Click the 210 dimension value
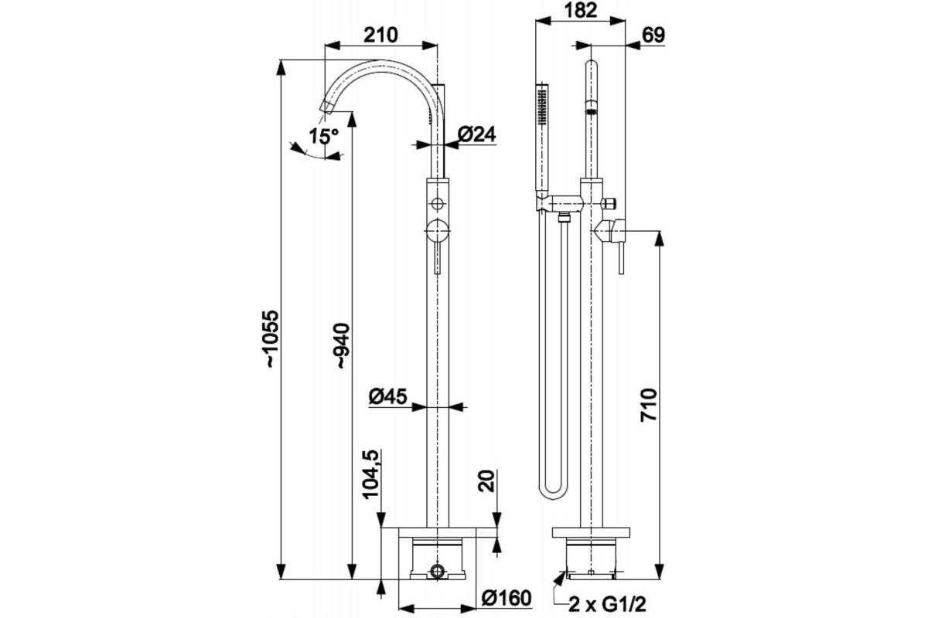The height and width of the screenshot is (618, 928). [380, 36]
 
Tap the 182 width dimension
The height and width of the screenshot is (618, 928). [580, 10]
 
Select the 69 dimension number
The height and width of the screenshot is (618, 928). [653, 36]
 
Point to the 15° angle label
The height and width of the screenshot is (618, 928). [323, 136]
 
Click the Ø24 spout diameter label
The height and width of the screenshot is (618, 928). [476, 134]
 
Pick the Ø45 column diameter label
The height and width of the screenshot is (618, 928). [387, 396]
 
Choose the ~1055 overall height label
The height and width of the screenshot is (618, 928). [272, 338]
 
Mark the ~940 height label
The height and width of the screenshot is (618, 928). [343, 345]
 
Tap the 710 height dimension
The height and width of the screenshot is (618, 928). [649, 405]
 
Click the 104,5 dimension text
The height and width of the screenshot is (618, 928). [371, 474]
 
